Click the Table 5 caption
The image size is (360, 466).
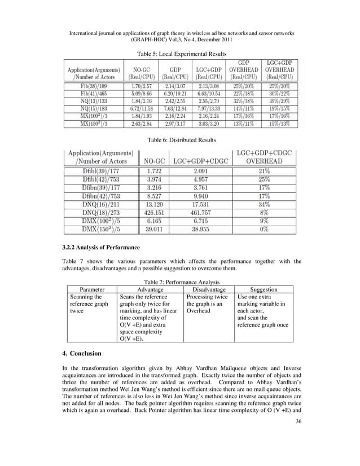click(x=180, y=54)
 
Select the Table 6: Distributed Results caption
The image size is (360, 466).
click(x=180, y=139)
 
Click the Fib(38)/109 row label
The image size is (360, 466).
click(x=92, y=85)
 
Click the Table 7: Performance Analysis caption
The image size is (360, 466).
click(x=180, y=280)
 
